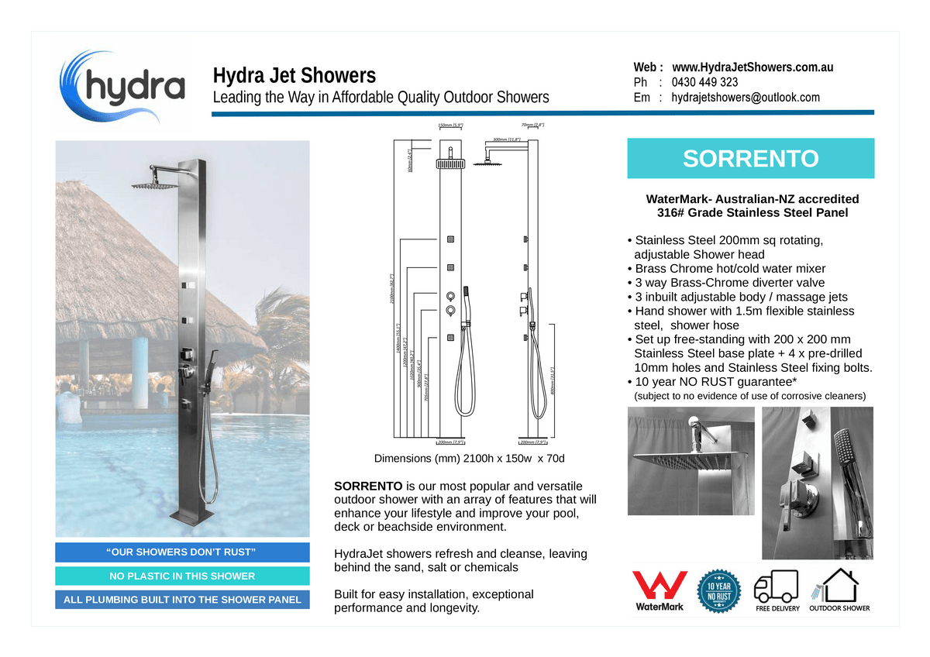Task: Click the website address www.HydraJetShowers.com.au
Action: [752, 67]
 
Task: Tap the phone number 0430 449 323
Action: [704, 82]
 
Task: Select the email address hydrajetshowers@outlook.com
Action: [745, 98]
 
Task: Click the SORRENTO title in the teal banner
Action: [750, 159]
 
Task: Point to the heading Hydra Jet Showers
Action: [294, 76]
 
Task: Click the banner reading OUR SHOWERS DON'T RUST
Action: [182, 552]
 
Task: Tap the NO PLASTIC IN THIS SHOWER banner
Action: [182, 576]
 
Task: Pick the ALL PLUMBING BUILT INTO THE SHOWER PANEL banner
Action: [182, 600]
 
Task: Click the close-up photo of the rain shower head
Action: [691, 461]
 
